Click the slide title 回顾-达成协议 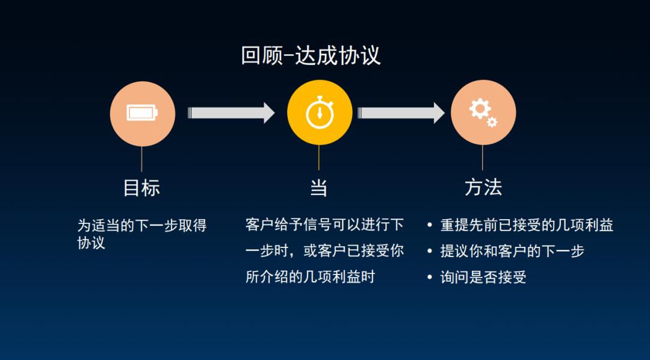coord(311,55)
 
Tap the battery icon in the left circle coord(142,113)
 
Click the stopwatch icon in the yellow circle coord(319,113)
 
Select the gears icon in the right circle coord(483,113)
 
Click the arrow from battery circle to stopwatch coord(231,113)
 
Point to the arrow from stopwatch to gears coord(401,113)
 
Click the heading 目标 coord(141,187)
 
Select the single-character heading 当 coord(318,187)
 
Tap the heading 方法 coord(483,187)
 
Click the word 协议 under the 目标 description coord(91,243)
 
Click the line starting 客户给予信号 coord(324,225)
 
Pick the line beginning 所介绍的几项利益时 coord(310,277)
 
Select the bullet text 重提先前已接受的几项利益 coord(527,225)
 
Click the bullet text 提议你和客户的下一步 coord(512,251)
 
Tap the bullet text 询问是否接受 coord(483,277)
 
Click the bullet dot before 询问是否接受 coord(429,278)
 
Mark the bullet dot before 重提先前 coord(429,226)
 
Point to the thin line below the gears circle coord(483,158)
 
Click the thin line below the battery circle coord(142,159)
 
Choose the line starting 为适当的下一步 coord(142,226)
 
